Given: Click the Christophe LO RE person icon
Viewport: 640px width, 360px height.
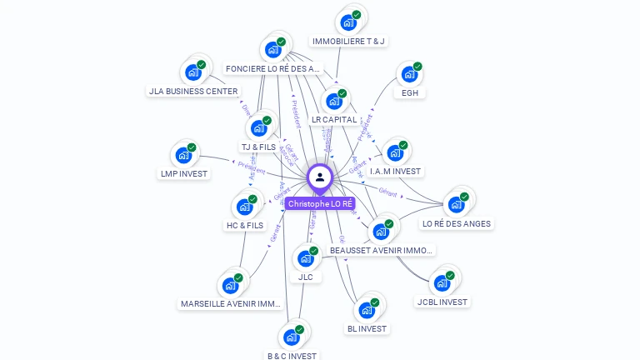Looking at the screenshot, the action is pyautogui.click(x=320, y=177).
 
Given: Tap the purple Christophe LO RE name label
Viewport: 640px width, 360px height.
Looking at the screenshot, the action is pyautogui.click(x=321, y=203).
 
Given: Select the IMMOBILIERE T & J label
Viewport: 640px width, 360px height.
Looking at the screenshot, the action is pyautogui.click(x=348, y=41).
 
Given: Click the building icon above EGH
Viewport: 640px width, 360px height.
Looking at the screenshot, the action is pyautogui.click(x=408, y=74).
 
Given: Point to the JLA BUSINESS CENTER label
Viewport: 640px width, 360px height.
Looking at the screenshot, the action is pyautogui.click(x=193, y=91).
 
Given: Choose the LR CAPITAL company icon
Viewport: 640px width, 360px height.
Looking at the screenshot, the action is pyautogui.click(x=334, y=101).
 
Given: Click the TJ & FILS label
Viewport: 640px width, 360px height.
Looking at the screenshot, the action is pyautogui.click(x=258, y=147).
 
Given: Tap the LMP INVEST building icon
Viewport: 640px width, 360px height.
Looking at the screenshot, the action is pyautogui.click(x=182, y=156).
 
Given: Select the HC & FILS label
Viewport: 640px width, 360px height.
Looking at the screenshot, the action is pyautogui.click(x=244, y=225).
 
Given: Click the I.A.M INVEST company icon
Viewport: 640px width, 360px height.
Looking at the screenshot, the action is pyautogui.click(x=394, y=152).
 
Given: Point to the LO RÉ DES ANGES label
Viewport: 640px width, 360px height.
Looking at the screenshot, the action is pyautogui.click(x=457, y=223).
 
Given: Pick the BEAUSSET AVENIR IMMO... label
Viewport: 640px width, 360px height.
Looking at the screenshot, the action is pyautogui.click(x=382, y=250).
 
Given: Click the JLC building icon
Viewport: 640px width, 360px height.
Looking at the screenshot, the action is pyautogui.click(x=304, y=258).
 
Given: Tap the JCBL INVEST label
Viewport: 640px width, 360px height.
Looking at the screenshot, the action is pyautogui.click(x=442, y=302).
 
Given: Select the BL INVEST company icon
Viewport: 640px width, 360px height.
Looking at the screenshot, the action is pyautogui.click(x=366, y=310).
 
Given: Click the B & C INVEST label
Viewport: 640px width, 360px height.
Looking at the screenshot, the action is pyautogui.click(x=292, y=356).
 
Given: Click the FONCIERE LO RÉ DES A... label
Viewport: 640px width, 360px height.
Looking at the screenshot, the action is pyautogui.click(x=272, y=68).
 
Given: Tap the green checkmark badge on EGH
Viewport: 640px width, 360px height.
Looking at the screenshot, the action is pyautogui.click(x=417, y=66).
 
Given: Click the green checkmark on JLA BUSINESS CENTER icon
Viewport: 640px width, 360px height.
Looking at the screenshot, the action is pyautogui.click(x=201, y=64).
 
